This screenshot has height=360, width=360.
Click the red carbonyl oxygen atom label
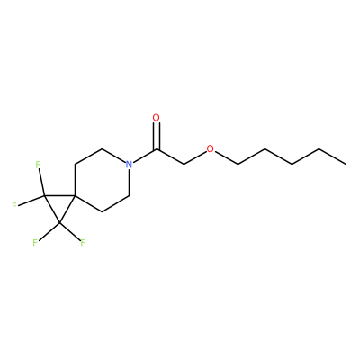pyautogui.click(x=156, y=118)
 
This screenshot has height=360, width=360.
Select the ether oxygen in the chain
pyautogui.click(x=211, y=149)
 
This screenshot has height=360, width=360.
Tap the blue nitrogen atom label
pyautogui.click(x=129, y=165)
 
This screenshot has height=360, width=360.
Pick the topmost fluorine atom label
pyautogui.click(x=38, y=165)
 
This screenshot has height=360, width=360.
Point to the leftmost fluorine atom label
pyautogui.click(x=14, y=206)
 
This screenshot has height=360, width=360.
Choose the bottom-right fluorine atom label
pyautogui.click(x=83, y=243)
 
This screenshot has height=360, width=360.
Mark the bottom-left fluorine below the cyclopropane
pyautogui.click(x=35, y=243)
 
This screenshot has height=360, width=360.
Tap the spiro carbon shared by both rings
pyautogui.click(x=76, y=196)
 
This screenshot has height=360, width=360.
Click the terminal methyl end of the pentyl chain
pyautogui.click(x=346, y=164)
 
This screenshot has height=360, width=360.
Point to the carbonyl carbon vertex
pyautogui.click(x=157, y=149)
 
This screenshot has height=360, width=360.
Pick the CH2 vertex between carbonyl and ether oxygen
pyautogui.click(x=184, y=165)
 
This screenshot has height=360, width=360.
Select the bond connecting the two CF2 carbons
pyautogui.click(x=52, y=210)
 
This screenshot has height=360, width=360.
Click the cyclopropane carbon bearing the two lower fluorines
pyautogui.click(x=60, y=223)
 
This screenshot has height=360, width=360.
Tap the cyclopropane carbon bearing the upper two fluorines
pyautogui.click(x=44, y=196)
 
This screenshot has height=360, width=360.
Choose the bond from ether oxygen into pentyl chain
pyautogui.click(x=227, y=158)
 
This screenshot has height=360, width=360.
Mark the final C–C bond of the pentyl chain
pyautogui.click(x=333, y=157)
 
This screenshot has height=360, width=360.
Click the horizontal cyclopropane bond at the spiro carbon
pyautogui.click(x=59, y=196)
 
